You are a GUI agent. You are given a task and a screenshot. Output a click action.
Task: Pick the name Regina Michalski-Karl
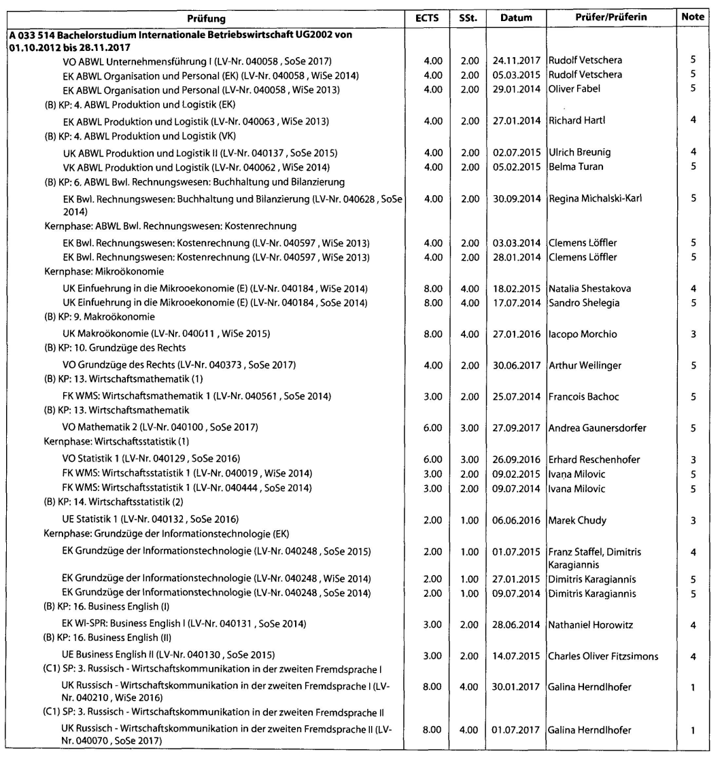click(x=596, y=198)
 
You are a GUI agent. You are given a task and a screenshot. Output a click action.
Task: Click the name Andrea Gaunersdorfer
click(x=597, y=428)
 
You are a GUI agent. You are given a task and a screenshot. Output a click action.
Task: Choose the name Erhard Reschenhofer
click(x=594, y=460)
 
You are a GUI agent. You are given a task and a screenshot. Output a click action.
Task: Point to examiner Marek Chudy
click(x=577, y=521)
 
